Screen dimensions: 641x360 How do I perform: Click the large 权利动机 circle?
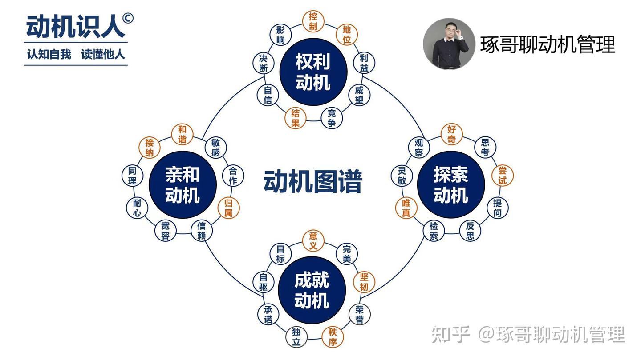pos(313,72)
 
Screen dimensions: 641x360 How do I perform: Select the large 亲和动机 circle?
pos(183,185)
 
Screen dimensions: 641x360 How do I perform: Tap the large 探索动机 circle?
pos(451,185)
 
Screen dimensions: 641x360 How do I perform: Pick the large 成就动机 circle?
pos(312,290)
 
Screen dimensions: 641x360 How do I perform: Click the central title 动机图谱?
pos(313,182)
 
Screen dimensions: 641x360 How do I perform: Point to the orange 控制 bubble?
pos(313,21)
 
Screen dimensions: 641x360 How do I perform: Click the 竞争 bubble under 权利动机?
pos(332,118)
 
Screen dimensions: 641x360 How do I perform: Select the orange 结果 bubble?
pos(295,118)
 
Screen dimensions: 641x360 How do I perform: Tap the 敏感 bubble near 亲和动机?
pos(216,148)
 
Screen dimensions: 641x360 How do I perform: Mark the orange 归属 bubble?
pos(228,208)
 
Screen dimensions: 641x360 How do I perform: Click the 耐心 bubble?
pos(137,208)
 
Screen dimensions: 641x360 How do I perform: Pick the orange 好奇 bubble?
pos(451,134)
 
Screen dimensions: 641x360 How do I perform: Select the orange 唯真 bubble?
pos(406,208)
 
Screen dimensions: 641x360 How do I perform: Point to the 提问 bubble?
pos(498,208)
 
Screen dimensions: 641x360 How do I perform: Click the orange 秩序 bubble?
pos(333,337)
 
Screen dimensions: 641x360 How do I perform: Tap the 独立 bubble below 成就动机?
pos(296,337)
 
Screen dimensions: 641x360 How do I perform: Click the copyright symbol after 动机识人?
pos(128,18)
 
